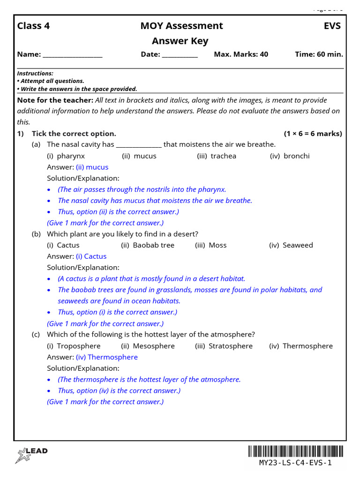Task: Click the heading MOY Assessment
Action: [x=181, y=26]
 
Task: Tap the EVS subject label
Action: [x=332, y=26]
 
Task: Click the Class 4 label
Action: [x=33, y=26]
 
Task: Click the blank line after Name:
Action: [x=72, y=55]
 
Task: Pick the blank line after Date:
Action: [x=180, y=55]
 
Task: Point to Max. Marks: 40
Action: [x=241, y=54]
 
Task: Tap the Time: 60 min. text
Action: [x=319, y=54]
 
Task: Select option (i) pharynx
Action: [x=66, y=156]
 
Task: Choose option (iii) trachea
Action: [x=217, y=156]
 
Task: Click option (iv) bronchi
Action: [x=290, y=156]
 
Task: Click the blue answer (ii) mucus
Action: [x=92, y=167]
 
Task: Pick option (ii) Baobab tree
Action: [x=148, y=245]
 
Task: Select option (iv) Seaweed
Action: [x=291, y=245]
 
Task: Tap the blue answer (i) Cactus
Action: [x=91, y=256]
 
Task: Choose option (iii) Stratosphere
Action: [x=224, y=346]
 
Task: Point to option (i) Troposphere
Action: [x=74, y=346]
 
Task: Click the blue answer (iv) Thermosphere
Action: [x=107, y=357]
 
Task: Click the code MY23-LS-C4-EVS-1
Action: [x=295, y=463]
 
